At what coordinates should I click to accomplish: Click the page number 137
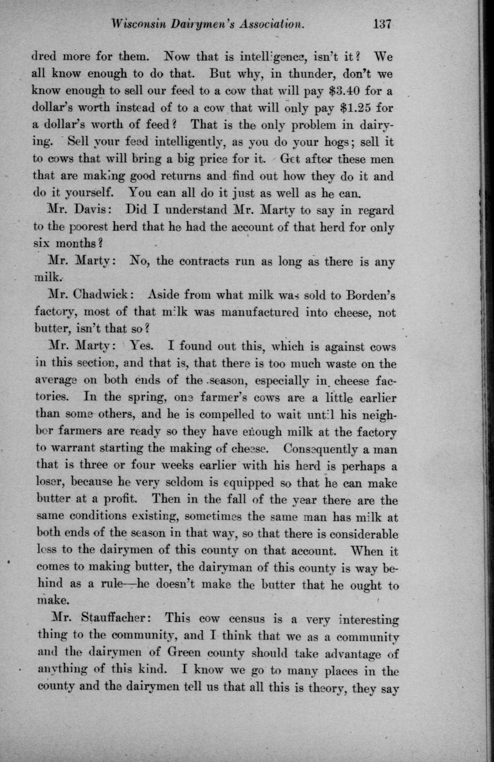pyautogui.click(x=382, y=24)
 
